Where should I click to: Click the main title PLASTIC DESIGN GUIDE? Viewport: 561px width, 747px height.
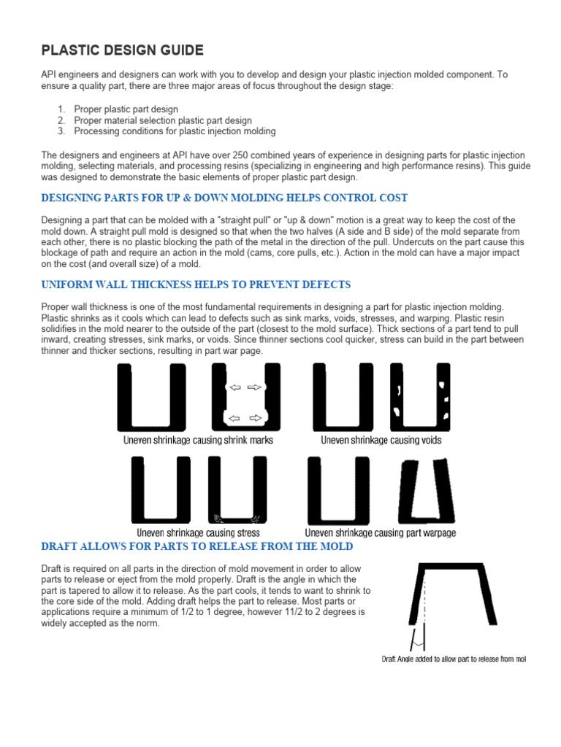122,50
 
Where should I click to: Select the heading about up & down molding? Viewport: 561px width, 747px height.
224,198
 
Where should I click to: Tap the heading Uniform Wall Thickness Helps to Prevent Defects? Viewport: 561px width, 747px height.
196,285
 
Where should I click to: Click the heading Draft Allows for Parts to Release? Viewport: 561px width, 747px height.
197,546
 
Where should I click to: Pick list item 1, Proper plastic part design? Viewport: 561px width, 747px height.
126,109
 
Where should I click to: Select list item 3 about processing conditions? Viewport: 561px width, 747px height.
175,131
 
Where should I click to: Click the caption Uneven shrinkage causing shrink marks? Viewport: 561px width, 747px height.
197,441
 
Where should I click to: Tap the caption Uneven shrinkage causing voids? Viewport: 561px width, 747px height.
381,441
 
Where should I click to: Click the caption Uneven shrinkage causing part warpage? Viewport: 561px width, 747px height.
380,533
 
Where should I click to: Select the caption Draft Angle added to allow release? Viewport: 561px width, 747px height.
454,659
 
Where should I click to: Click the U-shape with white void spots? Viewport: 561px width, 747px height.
420,398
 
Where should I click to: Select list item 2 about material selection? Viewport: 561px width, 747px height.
163,120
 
